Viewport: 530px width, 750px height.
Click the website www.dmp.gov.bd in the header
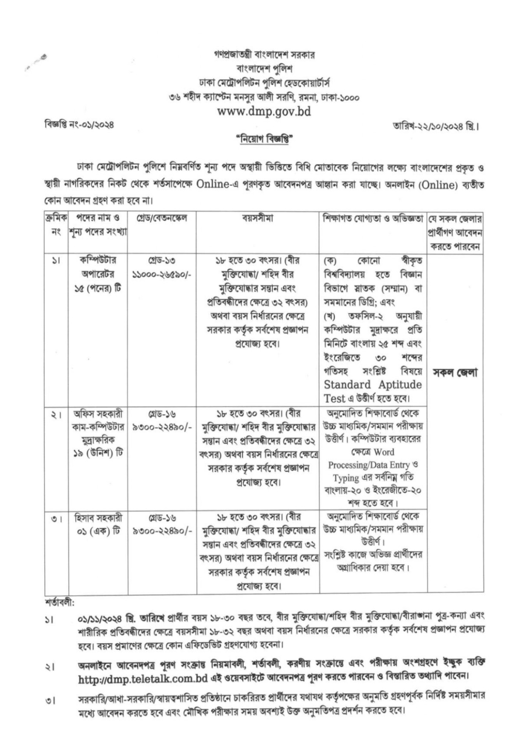264,112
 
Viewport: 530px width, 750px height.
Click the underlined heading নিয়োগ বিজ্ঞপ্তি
265,140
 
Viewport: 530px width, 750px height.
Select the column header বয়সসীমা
258,218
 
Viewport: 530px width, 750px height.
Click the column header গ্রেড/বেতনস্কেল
162,218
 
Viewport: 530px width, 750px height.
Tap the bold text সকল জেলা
455,373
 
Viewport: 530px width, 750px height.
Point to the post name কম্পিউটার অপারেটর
98,267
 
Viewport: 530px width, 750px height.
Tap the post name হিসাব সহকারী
98,518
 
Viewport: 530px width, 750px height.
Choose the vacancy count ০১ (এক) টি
98,532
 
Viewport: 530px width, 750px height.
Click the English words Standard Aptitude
373,385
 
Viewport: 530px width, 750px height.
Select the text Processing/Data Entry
369,465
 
